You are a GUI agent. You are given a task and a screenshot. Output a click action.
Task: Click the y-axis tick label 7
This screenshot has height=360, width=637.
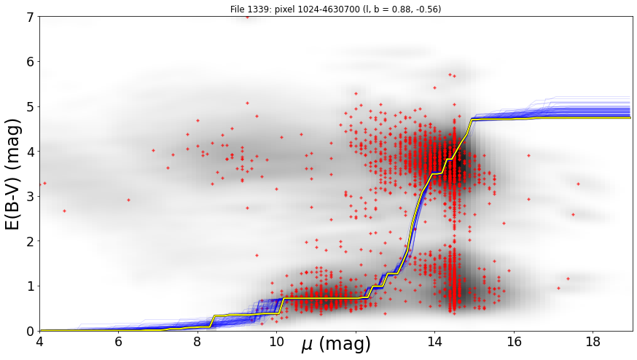(31, 17)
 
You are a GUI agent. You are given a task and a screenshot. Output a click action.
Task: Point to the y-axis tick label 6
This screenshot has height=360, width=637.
(31, 62)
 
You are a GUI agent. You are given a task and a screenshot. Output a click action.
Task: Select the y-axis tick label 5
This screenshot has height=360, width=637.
(31, 107)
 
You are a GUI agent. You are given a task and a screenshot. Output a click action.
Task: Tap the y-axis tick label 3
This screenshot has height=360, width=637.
(31, 197)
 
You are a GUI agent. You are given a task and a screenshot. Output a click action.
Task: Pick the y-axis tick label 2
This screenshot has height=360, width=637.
(31, 241)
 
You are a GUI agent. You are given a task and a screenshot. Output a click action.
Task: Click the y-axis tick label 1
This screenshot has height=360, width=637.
(31, 286)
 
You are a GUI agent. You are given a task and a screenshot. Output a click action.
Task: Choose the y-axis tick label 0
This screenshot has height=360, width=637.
(31, 331)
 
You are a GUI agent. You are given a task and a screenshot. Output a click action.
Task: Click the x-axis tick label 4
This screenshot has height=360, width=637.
(40, 342)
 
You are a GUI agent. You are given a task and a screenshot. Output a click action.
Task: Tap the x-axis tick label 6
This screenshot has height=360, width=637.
(119, 342)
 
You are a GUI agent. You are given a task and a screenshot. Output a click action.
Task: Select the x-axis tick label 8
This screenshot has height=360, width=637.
(198, 342)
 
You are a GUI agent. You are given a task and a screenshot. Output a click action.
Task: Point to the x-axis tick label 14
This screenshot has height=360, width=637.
(434, 342)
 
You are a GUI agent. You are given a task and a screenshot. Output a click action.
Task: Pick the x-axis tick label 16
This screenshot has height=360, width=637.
(514, 342)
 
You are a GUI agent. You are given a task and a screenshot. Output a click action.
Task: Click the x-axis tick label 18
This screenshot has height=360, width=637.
(593, 342)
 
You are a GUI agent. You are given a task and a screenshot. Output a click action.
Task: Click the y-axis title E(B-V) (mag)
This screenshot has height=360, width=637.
(13, 174)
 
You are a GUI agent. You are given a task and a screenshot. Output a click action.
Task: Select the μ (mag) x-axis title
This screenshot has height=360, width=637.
(336, 345)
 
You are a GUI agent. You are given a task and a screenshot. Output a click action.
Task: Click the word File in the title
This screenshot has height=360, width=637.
(238, 9)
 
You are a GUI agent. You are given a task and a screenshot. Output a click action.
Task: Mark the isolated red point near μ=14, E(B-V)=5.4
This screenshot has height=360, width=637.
(434, 87)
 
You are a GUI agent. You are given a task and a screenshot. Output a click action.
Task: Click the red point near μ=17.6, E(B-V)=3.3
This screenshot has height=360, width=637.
(578, 184)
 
